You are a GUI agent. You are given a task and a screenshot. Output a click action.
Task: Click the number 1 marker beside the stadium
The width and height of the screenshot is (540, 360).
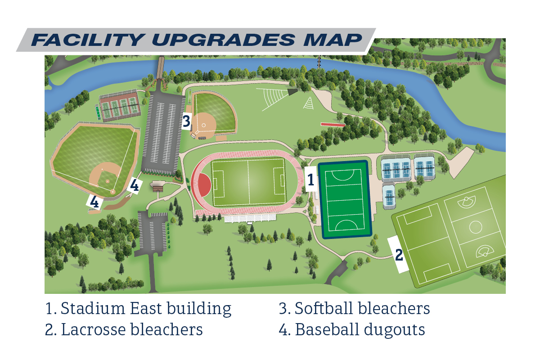point(311,180)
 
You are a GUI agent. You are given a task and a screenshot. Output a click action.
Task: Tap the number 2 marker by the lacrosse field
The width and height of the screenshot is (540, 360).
point(399,255)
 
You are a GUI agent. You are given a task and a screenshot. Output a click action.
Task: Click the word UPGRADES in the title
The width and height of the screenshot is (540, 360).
point(224,40)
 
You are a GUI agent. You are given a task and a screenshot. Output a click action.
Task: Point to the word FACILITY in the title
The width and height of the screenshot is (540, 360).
point(88,40)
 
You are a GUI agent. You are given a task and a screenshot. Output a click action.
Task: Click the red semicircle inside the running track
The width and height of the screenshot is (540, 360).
point(205,184)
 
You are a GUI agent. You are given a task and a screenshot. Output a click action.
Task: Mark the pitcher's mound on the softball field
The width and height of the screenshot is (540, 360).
point(204,125)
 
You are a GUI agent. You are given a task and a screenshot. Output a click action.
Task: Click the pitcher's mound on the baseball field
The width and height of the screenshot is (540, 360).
point(108,181)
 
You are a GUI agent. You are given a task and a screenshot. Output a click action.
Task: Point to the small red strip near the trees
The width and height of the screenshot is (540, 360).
point(333,125)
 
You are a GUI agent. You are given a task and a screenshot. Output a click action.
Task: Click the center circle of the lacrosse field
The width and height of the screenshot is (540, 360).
point(476,227)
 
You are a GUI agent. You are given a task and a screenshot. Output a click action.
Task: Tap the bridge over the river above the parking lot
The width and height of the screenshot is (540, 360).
point(160,67)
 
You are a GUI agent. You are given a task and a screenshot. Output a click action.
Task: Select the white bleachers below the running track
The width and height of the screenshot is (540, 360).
point(250,218)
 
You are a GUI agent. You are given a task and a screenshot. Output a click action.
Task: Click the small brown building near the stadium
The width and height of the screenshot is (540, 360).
point(157,186)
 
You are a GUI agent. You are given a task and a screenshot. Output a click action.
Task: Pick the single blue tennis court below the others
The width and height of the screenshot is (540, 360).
point(389,196)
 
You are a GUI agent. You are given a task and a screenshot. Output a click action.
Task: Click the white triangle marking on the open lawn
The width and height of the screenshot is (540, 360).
point(309,103)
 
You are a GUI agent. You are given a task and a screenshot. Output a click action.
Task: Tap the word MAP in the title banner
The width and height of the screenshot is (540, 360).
point(333,40)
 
